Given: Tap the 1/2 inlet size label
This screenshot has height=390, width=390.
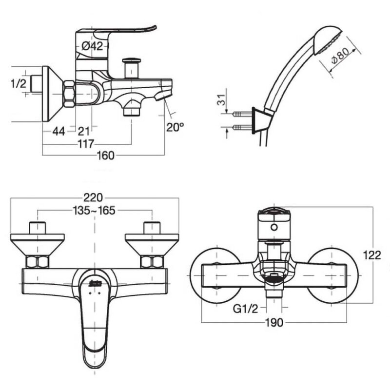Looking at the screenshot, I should (18, 83).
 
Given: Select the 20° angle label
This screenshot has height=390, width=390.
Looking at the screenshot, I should (175, 127).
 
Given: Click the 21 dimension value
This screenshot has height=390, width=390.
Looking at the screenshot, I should (83, 130).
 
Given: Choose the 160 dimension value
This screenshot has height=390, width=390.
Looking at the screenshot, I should (106, 156).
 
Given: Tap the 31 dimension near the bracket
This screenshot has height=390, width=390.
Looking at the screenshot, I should (220, 101).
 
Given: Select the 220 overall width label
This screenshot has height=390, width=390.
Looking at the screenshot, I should (94, 197).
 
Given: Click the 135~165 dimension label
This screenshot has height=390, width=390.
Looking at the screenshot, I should (94, 211).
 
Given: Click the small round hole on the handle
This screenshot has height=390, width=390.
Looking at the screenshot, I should (274, 227).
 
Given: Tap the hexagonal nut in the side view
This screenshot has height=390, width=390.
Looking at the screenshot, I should (69, 93).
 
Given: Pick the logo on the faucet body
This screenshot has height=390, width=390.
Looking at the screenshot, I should (94, 281).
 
